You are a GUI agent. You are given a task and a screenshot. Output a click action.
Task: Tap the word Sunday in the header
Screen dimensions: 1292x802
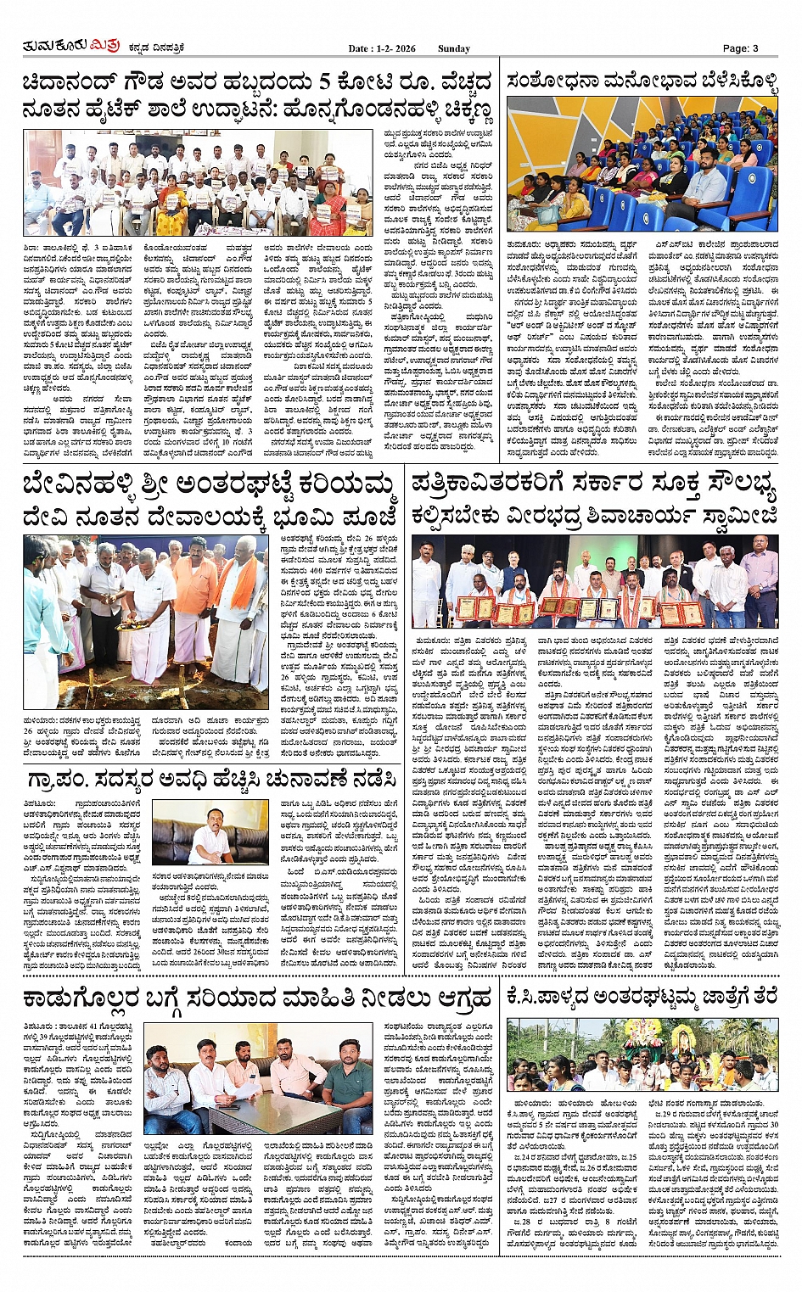(453, 48)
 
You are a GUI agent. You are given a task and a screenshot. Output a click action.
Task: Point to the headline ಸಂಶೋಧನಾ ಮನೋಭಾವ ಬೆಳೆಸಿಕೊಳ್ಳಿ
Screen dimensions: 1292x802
(642, 82)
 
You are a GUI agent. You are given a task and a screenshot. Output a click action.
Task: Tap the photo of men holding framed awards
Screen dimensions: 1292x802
(594, 579)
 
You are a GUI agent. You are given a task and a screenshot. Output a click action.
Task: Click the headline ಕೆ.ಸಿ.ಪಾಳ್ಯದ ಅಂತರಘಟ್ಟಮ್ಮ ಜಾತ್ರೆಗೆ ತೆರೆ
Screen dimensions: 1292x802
(642, 996)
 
